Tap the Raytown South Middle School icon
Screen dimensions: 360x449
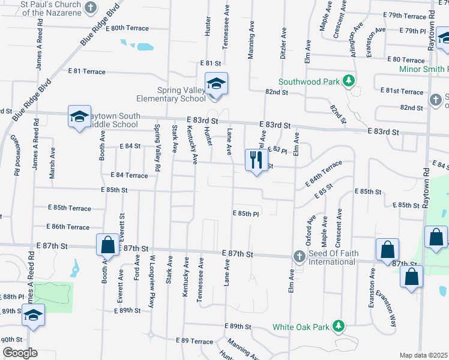(79, 117)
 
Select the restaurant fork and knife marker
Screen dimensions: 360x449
(256, 160)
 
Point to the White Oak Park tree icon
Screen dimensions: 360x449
(339, 326)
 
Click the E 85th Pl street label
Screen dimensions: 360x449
(246, 214)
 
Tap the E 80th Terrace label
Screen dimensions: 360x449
(129, 28)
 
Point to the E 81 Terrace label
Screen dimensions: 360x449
(87, 71)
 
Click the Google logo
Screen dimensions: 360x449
(20, 353)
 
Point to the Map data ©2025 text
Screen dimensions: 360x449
(424, 355)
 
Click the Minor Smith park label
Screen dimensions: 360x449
(424, 69)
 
